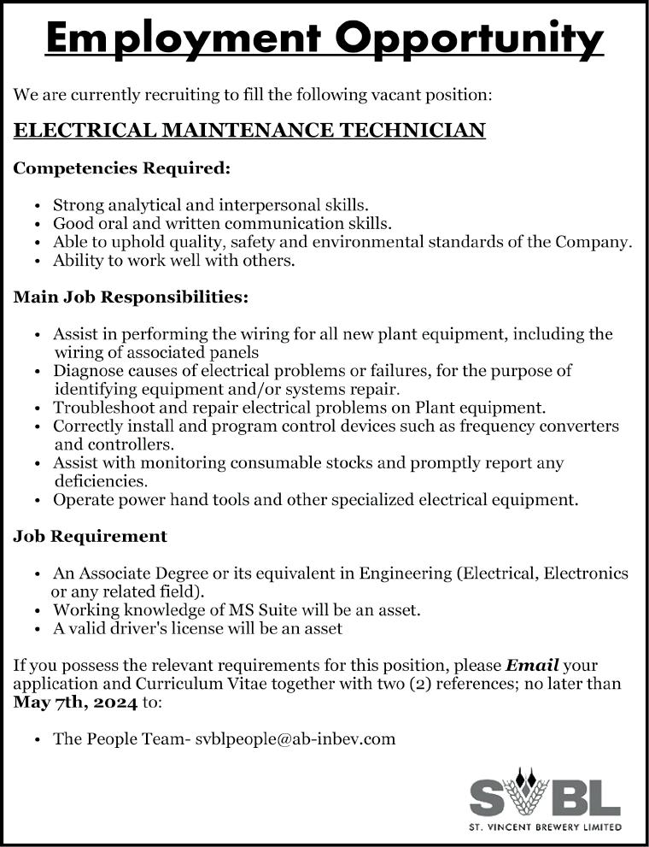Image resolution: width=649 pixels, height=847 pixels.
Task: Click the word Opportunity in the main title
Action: (469, 38)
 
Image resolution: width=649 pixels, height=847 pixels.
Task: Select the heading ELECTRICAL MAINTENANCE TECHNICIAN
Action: (250, 131)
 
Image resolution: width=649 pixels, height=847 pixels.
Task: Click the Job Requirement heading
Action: (91, 537)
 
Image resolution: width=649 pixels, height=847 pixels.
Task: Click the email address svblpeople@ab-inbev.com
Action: (295, 738)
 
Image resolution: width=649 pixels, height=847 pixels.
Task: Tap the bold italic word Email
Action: (532, 665)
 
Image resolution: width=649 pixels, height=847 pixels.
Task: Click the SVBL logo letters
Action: (545, 797)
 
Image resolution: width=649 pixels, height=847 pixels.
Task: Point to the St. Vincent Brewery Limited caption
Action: (546, 826)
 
